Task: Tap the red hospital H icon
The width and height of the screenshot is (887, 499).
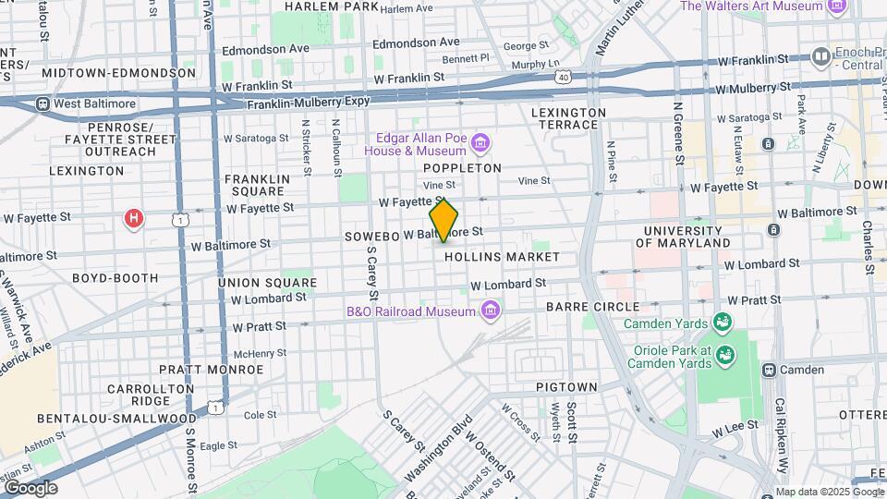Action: (x=135, y=219)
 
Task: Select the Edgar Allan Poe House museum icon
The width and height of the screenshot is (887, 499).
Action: (x=480, y=142)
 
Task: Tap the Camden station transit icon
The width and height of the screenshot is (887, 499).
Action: (x=768, y=370)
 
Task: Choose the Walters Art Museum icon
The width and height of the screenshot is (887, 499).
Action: (x=837, y=6)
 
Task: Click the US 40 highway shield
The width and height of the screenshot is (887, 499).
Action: (x=563, y=78)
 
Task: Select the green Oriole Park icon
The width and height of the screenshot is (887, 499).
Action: (x=725, y=355)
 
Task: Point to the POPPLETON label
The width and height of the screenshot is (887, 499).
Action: (x=462, y=168)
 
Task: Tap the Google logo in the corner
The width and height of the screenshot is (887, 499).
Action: (x=30, y=488)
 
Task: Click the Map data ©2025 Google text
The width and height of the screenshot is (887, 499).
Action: (x=830, y=492)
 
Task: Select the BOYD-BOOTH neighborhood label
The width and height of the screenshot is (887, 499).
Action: (x=115, y=277)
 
